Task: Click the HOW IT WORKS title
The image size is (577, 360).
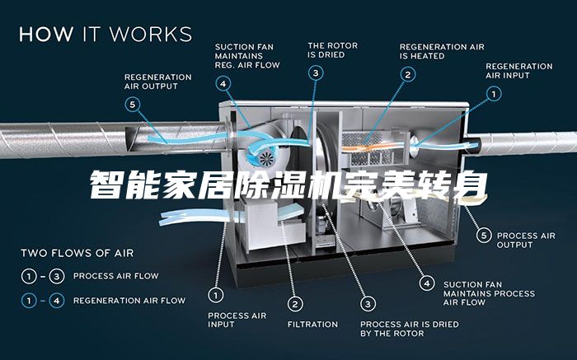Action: pos(106,35)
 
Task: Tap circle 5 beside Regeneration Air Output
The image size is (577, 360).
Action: pos(133,105)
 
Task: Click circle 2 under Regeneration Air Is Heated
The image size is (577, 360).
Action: pos(407,74)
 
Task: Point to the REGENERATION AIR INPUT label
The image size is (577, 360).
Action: pos(519,70)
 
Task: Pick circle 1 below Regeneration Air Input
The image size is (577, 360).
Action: pos(494,94)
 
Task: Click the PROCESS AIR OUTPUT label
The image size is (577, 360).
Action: pos(526,240)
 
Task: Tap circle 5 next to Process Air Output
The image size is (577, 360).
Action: pos(485,236)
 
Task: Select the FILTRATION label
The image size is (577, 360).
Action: pos(312,325)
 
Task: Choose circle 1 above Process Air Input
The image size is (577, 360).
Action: pos(216,294)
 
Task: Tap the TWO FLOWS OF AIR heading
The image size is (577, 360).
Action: pos(77,253)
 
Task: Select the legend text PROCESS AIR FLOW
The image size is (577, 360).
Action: pos(115,276)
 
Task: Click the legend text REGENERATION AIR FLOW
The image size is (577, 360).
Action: pos(129,301)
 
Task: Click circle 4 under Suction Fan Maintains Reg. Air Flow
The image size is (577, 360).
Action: pos(224,83)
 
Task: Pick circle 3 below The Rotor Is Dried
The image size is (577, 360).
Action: pos(316,72)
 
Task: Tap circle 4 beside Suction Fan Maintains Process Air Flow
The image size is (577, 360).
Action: pos(426,283)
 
